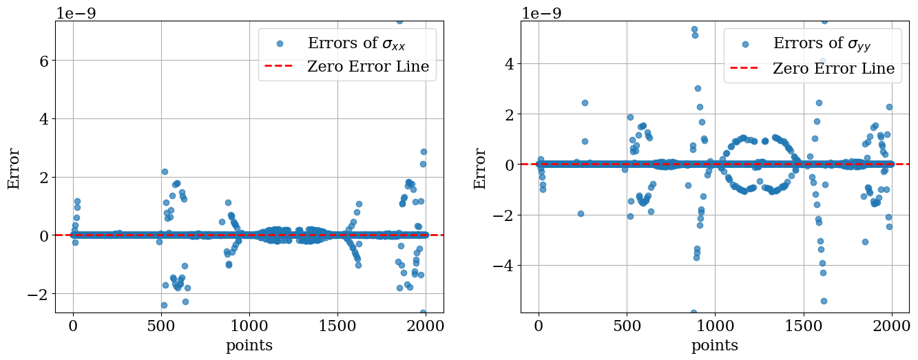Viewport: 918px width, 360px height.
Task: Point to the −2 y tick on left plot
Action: pyautogui.click(x=38, y=294)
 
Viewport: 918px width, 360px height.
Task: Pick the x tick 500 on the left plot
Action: pyautogui.click(x=161, y=326)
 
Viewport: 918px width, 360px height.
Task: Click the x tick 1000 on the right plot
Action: pyautogui.click(x=716, y=326)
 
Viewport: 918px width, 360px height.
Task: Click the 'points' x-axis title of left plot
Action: pyautogui.click(x=249, y=346)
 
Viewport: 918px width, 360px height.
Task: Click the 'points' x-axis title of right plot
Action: pyautogui.click(x=715, y=346)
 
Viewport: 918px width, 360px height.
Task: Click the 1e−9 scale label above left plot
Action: pyautogui.click(x=79, y=12)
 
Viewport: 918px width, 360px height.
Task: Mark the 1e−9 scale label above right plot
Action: pyautogui.click(x=545, y=12)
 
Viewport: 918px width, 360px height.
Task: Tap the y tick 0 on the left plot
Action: pyautogui.click(x=43, y=235)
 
